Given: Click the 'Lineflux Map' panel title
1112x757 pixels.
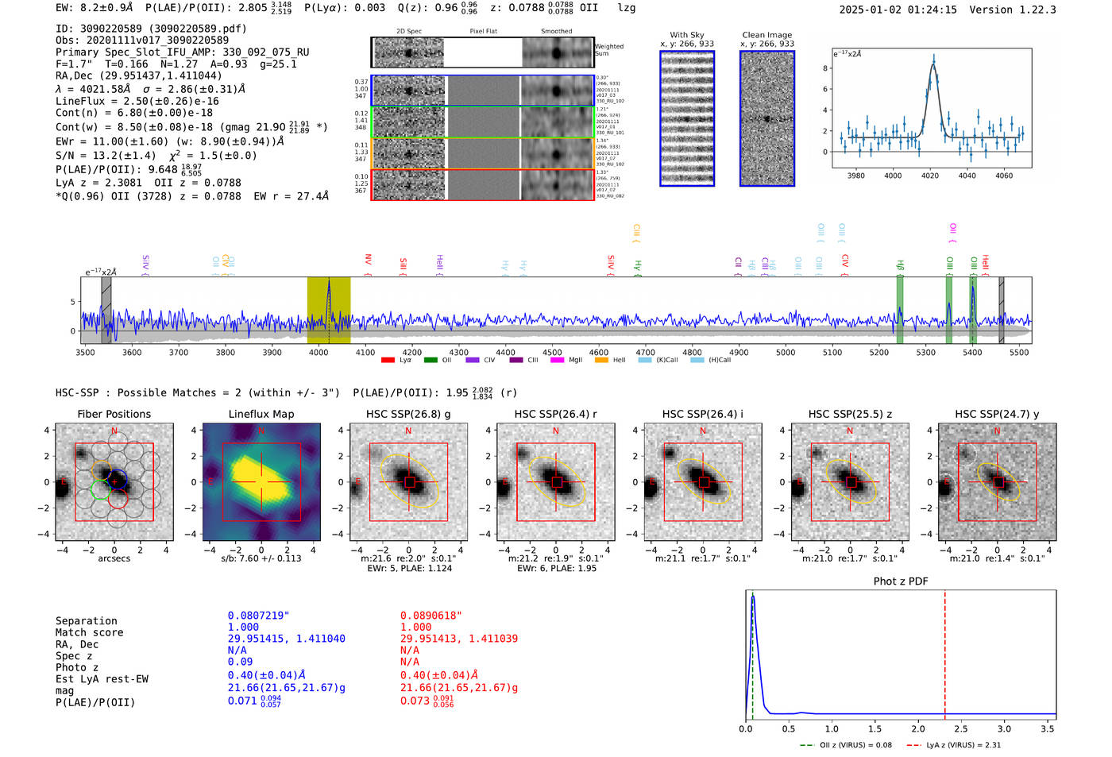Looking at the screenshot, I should click(261, 414).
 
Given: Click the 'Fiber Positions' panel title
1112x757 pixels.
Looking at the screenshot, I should click(114, 414).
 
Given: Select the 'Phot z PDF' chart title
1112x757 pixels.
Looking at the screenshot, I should click(900, 581).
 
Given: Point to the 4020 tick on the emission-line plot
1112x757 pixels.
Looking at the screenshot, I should click(930, 176).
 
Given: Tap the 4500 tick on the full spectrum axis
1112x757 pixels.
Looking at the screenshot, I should click(552, 353).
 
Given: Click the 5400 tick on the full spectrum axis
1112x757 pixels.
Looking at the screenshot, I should click(972, 353).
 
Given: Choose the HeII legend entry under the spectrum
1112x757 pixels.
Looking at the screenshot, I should click(612, 361).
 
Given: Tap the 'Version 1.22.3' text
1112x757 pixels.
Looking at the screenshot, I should click(1013, 10).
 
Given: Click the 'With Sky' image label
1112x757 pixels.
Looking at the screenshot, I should click(686, 35).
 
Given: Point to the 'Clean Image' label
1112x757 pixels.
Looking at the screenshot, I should click(766, 35).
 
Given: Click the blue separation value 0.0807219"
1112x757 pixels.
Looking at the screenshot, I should click(258, 616).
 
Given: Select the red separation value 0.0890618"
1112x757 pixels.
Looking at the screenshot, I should click(431, 616).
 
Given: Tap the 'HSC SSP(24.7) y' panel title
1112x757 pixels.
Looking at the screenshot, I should click(997, 414).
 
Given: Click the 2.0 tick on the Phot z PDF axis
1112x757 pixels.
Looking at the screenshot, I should click(917, 728).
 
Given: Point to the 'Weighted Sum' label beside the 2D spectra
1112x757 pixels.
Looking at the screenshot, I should click(608, 50).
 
